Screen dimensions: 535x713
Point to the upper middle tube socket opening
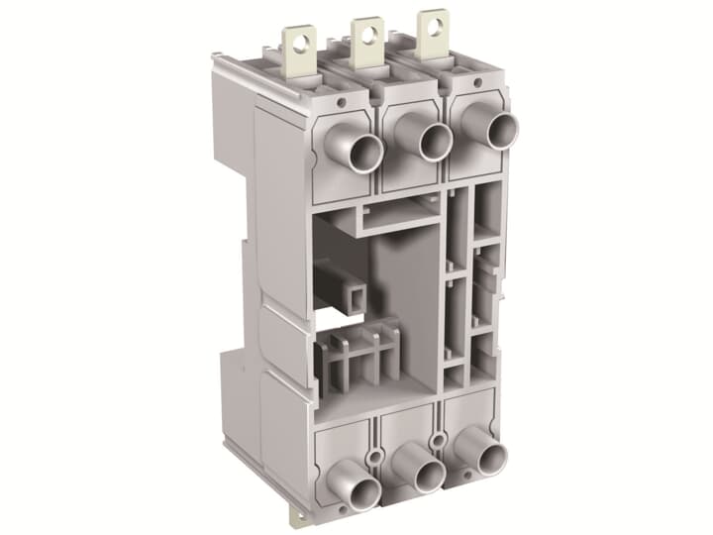pyautogui.click(x=435, y=143)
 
